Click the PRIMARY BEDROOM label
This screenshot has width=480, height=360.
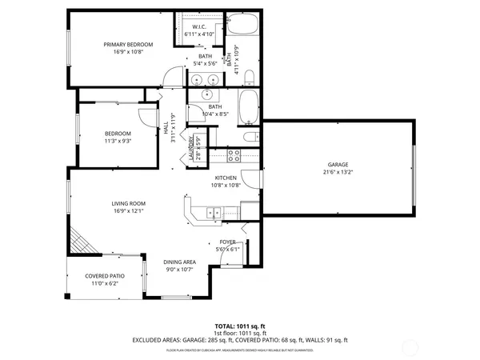128,45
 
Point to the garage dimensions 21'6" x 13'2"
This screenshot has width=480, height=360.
338,172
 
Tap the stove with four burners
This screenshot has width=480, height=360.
234,154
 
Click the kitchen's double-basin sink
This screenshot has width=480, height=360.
214,212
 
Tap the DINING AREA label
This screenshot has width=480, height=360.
180,262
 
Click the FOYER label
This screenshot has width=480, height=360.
227,242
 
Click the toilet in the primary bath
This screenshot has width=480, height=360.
249,78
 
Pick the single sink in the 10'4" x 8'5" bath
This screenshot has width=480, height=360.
197,93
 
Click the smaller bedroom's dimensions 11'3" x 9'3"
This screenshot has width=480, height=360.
118,141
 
